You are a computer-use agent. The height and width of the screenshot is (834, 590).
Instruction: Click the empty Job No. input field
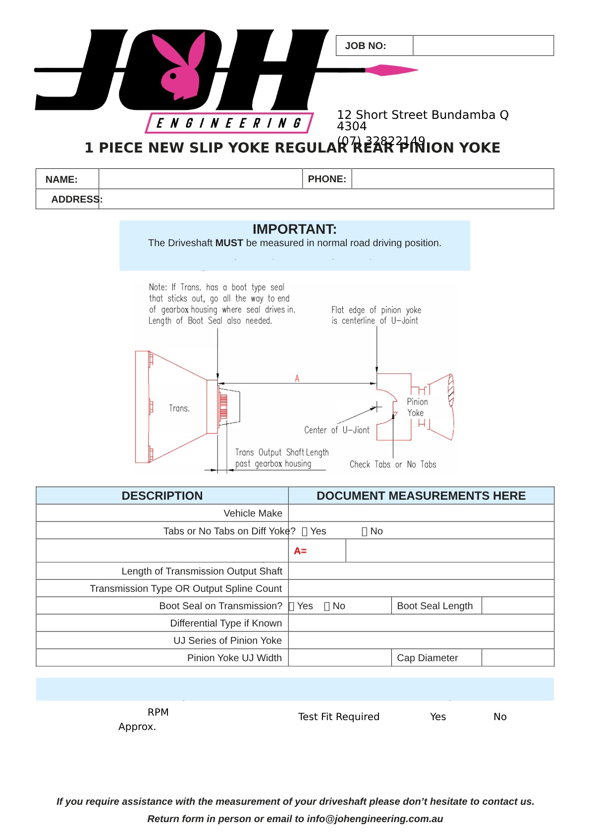click(x=483, y=46)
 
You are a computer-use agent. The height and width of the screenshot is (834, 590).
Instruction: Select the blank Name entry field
click(x=201, y=179)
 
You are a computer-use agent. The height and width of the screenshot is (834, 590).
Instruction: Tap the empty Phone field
click(x=452, y=179)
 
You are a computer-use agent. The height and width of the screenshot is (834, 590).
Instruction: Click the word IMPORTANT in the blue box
click(x=294, y=229)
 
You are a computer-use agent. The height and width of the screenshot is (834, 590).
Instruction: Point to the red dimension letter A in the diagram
click(x=297, y=378)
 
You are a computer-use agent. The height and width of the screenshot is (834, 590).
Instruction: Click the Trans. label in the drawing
click(x=179, y=409)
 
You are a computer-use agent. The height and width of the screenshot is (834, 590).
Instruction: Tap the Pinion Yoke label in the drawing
click(x=417, y=407)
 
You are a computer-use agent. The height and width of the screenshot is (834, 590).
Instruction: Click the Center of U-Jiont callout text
click(x=337, y=430)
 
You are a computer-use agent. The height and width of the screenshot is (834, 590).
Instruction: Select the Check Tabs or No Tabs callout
click(x=393, y=465)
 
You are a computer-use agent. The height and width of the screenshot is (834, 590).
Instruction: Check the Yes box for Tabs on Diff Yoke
click(x=305, y=531)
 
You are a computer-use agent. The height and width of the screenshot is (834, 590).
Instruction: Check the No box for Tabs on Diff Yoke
click(x=365, y=531)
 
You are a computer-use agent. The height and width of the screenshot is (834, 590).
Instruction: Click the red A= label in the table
click(x=300, y=551)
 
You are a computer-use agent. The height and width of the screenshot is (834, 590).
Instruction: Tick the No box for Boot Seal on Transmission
click(x=327, y=606)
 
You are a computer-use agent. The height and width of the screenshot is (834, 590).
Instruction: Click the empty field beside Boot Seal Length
click(x=517, y=606)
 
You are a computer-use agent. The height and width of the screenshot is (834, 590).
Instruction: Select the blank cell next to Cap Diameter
click(x=517, y=658)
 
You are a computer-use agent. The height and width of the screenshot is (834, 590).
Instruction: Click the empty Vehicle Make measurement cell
click(x=421, y=513)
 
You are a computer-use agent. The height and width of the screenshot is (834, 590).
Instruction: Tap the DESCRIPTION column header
click(x=162, y=496)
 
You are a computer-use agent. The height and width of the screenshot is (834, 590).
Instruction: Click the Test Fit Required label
click(x=339, y=717)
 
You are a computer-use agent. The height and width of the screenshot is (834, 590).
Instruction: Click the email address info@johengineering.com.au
click(x=375, y=819)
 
